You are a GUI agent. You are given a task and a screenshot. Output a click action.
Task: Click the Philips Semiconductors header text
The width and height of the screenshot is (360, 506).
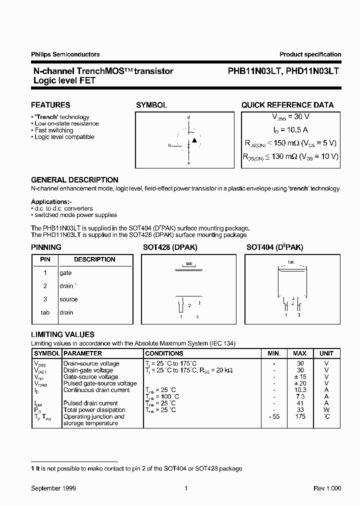click(x=65, y=54)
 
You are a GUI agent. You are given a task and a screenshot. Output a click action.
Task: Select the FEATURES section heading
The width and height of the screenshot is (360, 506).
click(x=50, y=105)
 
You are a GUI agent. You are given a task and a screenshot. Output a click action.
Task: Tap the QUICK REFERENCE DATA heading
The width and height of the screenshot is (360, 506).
click(x=287, y=105)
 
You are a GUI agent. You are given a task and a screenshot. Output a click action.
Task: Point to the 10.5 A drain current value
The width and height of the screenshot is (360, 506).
click(x=290, y=129)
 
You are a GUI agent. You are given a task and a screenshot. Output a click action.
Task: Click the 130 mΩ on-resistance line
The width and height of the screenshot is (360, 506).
click(x=290, y=156)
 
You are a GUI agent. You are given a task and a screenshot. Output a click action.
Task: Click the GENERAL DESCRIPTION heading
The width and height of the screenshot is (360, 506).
click(x=74, y=180)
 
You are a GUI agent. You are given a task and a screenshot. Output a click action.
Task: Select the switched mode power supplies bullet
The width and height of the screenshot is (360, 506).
click(x=75, y=215)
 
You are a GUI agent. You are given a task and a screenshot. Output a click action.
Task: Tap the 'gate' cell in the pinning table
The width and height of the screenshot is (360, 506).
click(x=65, y=273)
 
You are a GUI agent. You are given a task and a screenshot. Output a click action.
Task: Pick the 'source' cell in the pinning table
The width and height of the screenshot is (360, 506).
click(x=68, y=299)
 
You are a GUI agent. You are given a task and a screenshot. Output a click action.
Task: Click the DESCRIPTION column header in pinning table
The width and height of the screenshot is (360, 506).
click(x=94, y=259)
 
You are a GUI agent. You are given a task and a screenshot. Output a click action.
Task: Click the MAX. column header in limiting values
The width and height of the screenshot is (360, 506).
click(x=300, y=353)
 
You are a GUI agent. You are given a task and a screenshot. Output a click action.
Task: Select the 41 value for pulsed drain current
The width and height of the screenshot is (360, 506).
click(x=300, y=403)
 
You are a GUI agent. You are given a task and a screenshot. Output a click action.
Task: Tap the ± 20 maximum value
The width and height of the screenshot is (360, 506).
click(x=300, y=383)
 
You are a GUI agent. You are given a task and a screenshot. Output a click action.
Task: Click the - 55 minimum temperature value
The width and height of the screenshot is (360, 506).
click(x=274, y=416)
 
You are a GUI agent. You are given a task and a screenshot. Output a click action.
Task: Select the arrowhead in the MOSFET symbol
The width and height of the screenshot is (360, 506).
click(x=194, y=141)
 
